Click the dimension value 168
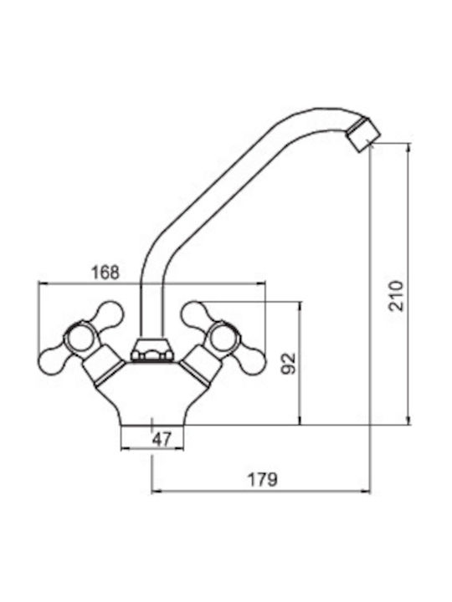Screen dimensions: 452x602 click(105, 273)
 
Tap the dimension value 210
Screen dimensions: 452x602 click(396, 296)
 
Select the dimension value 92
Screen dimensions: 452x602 click(289, 363)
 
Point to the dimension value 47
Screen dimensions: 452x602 click(162, 439)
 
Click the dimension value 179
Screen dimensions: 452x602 click(262, 479)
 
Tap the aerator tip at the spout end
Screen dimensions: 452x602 click(362, 135)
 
